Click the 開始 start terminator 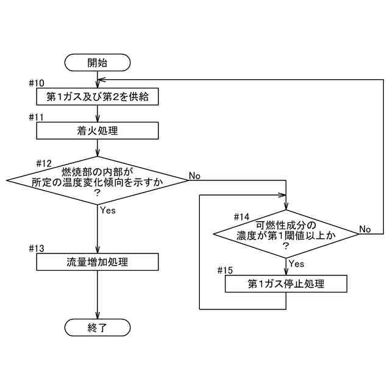(x=97, y=62)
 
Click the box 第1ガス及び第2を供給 (x=97, y=96)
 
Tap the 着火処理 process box (x=97, y=130)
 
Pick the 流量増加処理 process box (x=97, y=262)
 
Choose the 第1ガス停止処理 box (x=286, y=284)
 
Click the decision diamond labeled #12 (x=97, y=180)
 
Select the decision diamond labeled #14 (x=286, y=233)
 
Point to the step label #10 (x=37, y=82)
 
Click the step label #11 (x=37, y=116)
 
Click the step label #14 (x=242, y=216)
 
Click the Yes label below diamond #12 (x=107, y=210)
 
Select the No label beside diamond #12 (x=195, y=175)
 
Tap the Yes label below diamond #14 (x=296, y=264)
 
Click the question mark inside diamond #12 (x=97, y=192)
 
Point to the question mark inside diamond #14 (x=286, y=245)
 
